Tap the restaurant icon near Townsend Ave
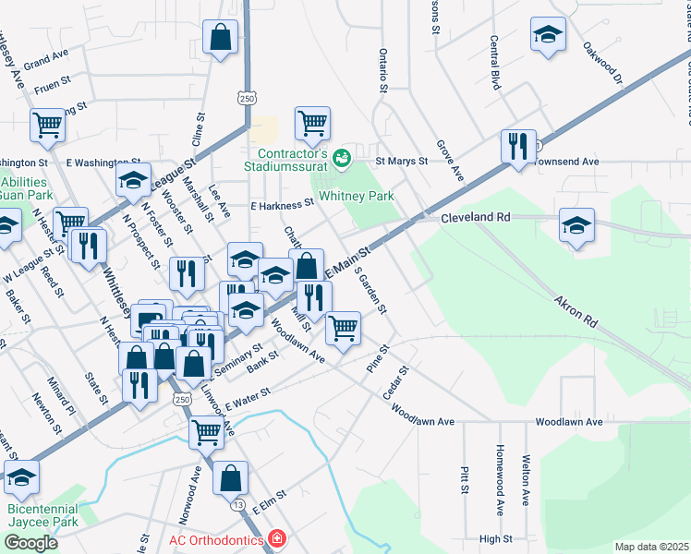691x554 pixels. [517, 145]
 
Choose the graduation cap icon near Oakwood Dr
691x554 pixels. [548, 35]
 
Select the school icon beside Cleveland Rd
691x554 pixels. [576, 224]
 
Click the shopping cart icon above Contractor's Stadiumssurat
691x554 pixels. [312, 122]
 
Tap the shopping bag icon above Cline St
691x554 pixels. [221, 38]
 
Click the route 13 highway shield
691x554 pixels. [238, 505]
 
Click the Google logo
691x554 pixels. [30, 543]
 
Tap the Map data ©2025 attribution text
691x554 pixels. [651, 547]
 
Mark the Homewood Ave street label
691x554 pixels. [499, 490]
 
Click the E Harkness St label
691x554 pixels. [284, 205]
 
